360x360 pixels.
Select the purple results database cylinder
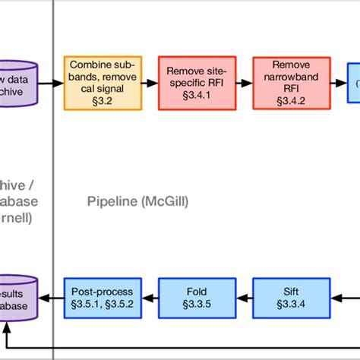click(17, 297)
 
